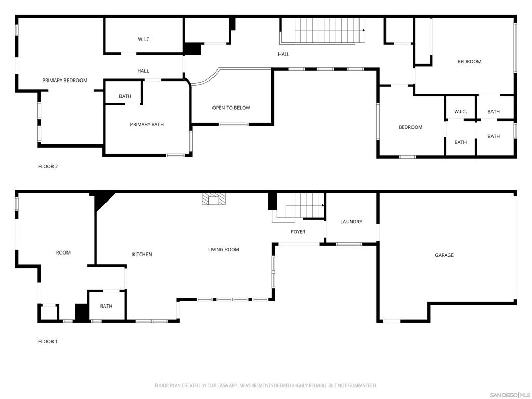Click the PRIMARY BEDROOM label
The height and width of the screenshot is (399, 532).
click(x=64, y=81)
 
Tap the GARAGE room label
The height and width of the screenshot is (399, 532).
click(x=444, y=255)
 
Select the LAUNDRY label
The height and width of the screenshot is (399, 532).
click(x=351, y=222)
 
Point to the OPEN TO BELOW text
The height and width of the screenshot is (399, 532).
click(x=231, y=108)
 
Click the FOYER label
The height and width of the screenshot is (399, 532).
click(x=298, y=232)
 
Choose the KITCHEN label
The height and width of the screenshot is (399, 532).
click(x=142, y=255)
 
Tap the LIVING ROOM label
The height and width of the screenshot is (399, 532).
click(x=224, y=250)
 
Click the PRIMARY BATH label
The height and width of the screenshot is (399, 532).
click(x=147, y=125)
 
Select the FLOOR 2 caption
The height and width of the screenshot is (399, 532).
click(x=48, y=167)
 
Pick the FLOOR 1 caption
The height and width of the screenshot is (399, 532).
click(x=48, y=342)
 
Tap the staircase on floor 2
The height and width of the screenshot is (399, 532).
click(x=322, y=31)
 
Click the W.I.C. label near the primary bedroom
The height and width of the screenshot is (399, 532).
click(x=144, y=39)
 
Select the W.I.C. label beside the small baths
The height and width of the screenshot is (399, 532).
click(x=460, y=112)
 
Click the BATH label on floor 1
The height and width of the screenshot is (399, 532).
click(x=106, y=307)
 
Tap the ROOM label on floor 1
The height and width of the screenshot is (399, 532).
click(x=63, y=253)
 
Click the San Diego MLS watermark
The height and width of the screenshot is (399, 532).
click(x=510, y=395)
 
